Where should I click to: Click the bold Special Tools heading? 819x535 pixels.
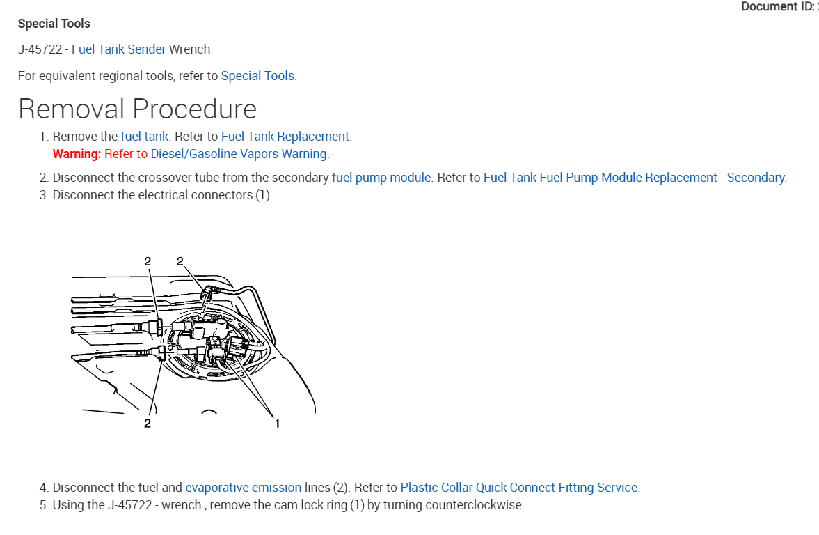click(54, 24)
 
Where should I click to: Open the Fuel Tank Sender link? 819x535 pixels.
click(118, 49)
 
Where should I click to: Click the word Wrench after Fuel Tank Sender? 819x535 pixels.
click(189, 49)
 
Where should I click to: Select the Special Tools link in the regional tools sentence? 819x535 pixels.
click(257, 76)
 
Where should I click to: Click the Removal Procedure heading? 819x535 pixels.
click(137, 109)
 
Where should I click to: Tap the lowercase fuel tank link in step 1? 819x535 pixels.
click(145, 137)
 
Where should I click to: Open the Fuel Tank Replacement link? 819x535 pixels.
click(285, 137)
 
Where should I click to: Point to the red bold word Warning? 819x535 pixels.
click(77, 154)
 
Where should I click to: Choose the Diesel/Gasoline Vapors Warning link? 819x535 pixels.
click(239, 154)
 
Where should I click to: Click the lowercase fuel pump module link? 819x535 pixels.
click(381, 178)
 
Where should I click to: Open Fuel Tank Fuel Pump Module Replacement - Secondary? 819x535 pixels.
click(634, 178)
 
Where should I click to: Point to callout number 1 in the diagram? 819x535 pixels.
click(277, 423)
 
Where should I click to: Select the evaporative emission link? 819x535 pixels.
click(243, 488)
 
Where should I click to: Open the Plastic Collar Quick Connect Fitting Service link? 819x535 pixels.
click(518, 488)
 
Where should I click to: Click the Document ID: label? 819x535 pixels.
click(774, 7)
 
